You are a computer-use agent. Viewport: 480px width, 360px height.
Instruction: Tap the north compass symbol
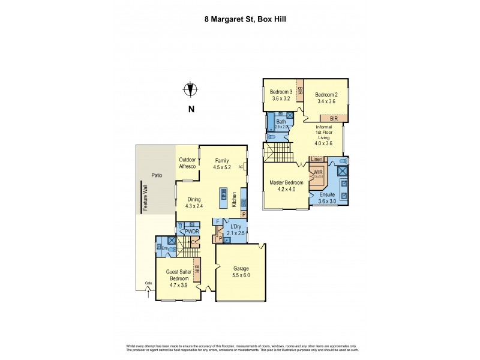point(191,90)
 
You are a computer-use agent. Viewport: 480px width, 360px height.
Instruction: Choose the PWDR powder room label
point(191,231)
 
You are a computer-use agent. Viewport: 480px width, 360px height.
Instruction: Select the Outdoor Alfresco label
point(188,163)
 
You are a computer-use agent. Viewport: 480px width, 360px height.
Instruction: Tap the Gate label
point(148,284)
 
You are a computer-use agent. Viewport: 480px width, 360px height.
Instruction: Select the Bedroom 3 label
point(281,95)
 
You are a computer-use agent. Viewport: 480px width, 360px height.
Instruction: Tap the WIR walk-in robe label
point(317,172)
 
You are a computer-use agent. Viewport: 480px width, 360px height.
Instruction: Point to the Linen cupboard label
point(317,159)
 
